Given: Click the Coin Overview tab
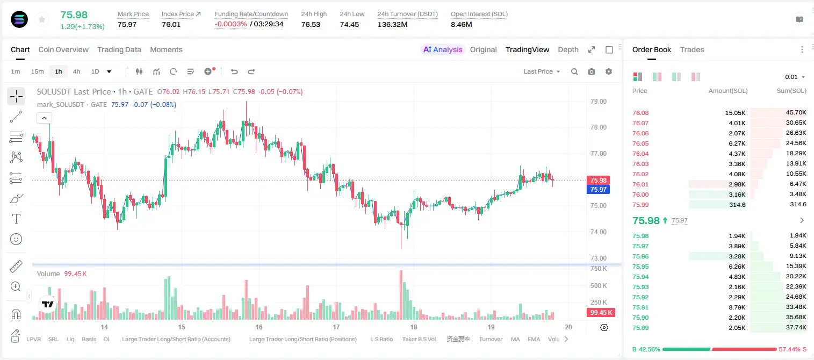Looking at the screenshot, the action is (x=63, y=49).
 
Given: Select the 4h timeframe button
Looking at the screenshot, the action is (x=76, y=71).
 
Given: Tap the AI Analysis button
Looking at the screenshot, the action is (x=443, y=49).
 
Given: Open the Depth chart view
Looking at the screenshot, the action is (x=568, y=49).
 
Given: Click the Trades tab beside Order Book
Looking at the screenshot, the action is (x=692, y=49).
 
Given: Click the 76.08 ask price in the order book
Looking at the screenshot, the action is (x=640, y=113).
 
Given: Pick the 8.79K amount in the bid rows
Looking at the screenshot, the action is (x=737, y=307).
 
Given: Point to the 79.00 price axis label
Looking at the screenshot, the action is (x=599, y=102).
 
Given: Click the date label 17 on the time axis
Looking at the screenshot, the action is (x=336, y=327).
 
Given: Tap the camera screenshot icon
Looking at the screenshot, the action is (x=592, y=71).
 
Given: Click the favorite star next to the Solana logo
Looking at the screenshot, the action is (x=42, y=19).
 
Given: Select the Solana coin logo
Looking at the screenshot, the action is (x=19, y=19).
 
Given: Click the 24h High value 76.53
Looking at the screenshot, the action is (x=311, y=24).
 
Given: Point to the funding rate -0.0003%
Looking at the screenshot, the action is (x=230, y=24).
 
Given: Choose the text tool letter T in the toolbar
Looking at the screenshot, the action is (x=16, y=219).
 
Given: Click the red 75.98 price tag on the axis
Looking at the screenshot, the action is (x=598, y=180).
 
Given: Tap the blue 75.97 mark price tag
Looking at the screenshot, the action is (x=598, y=189).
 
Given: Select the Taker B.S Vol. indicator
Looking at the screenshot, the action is (x=419, y=339).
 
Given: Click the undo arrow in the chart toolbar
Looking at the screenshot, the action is (x=234, y=71).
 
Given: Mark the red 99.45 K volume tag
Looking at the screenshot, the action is (x=601, y=312).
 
